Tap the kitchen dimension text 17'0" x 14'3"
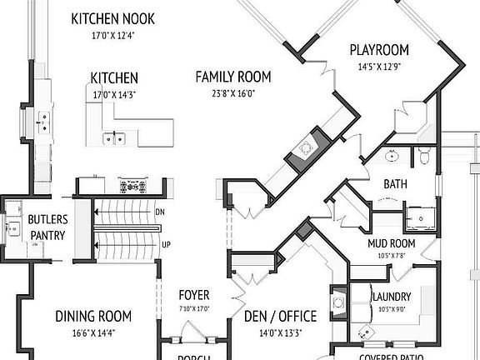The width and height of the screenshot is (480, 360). pos(114,95)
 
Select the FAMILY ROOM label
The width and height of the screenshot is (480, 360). pos(232,77)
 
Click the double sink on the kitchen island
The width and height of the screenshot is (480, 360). pos(114,138)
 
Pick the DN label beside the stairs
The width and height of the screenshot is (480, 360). pos(160,212)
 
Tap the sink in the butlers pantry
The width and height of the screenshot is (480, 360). pos(14,227)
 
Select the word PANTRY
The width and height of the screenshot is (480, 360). pos(47,235)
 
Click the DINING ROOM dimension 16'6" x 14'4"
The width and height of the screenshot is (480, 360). pos(93,332)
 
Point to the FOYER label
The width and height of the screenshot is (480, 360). pos(194,296)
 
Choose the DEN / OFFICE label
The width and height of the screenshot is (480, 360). pos(280,316)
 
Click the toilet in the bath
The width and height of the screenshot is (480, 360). pos(423,155)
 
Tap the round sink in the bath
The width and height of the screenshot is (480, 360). pos(392,155)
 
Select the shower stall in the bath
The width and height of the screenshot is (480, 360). pos(426,216)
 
